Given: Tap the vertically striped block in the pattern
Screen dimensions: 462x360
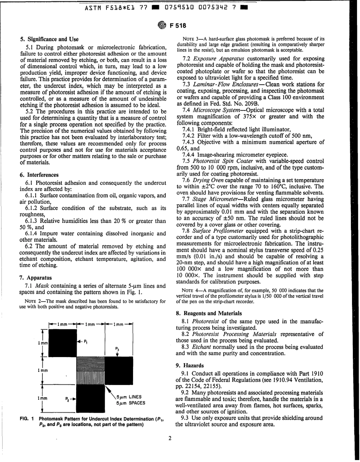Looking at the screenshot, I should [x=91, y=377].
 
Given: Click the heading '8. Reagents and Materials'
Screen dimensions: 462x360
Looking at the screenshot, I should [x=208, y=313].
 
